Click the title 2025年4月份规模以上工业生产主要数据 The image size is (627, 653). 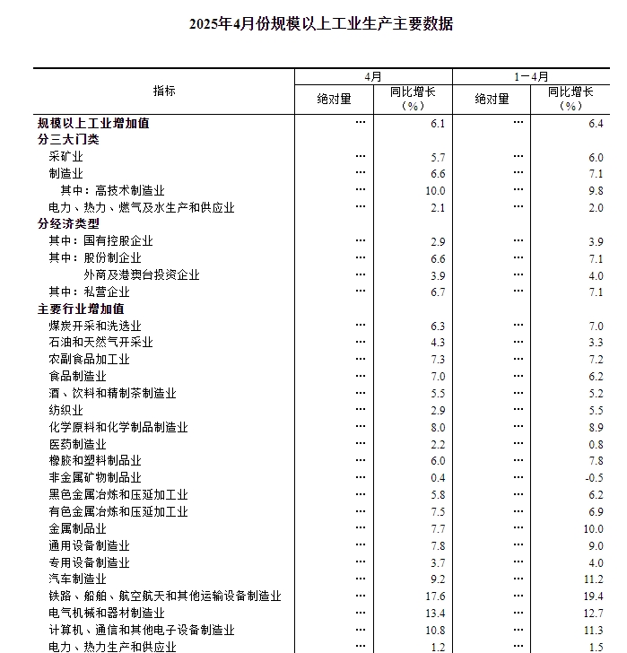pyautogui.click(x=321, y=24)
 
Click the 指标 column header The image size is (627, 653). pyautogui.click(x=164, y=91)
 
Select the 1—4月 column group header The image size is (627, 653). pyautogui.click(x=531, y=77)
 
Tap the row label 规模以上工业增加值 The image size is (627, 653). pyautogui.click(x=93, y=123)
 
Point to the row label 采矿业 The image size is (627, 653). pyautogui.click(x=65, y=157)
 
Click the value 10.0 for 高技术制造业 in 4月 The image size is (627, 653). pyautogui.click(x=435, y=190)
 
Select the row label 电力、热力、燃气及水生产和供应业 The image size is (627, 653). pyautogui.click(x=141, y=207)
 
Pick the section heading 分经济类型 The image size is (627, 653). pyautogui.click(x=68, y=224)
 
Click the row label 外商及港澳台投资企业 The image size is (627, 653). pyautogui.click(x=142, y=275)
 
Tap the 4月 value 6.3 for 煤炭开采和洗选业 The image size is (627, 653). pyautogui.click(x=438, y=326)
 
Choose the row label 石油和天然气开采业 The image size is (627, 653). pyautogui.click(x=100, y=343)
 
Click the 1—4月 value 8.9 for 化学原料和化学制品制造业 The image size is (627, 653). pyautogui.click(x=596, y=428)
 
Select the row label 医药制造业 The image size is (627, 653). pyautogui.click(x=77, y=444)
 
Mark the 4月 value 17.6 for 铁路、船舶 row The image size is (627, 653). pyautogui.click(x=435, y=596)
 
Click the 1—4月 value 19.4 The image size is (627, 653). pyautogui.click(x=593, y=596)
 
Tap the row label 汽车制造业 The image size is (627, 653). pyautogui.click(x=77, y=579)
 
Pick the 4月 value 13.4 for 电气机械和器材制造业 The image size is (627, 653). pyautogui.click(x=435, y=614)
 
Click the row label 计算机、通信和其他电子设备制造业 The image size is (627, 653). pyautogui.click(x=141, y=631)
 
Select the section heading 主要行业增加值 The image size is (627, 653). pyautogui.click(x=81, y=309)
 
